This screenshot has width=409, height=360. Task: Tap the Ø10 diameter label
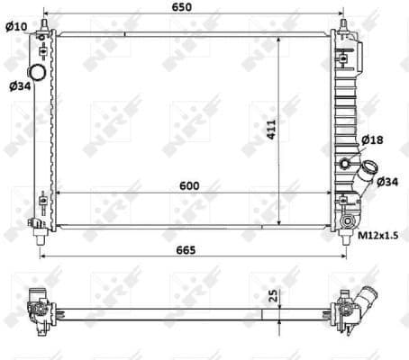(15, 26)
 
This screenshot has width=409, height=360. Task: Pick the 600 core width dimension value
(188, 185)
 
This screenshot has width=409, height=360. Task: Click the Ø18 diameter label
(372, 140)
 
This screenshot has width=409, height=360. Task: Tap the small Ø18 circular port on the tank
(346, 164)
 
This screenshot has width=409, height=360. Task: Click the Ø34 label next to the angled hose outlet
(387, 183)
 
